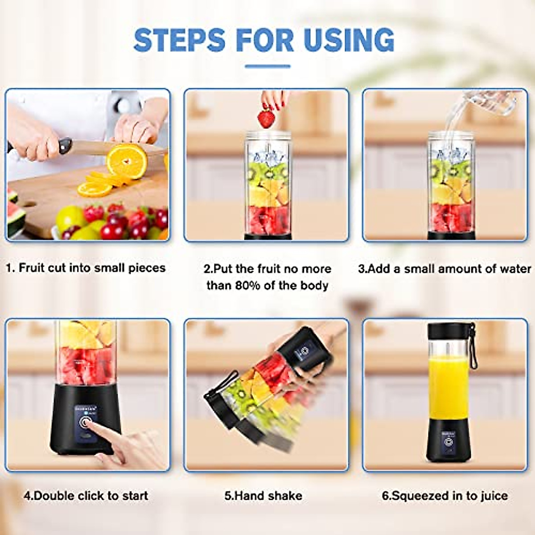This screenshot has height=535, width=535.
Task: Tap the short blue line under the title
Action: pos(267,66)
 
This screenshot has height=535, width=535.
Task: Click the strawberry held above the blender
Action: pos(266,118)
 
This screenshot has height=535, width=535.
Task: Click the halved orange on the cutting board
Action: pos(127,160)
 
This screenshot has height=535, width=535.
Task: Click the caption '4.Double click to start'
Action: pos(86,496)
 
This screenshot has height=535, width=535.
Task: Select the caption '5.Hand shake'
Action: pos(263,496)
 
